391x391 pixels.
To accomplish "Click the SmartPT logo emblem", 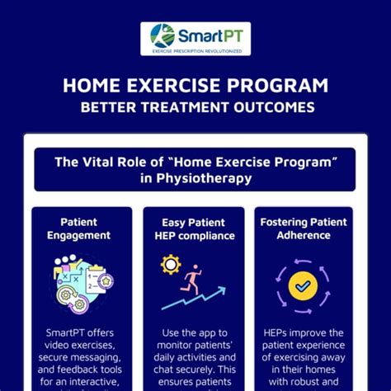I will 162,35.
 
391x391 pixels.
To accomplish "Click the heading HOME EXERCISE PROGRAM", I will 195,86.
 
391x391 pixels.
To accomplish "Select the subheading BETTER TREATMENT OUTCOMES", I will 195,107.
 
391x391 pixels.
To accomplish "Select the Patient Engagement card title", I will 79,228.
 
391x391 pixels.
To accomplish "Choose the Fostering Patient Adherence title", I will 303,228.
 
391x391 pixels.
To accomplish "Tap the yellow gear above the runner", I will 172,264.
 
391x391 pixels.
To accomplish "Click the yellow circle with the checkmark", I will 304,285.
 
